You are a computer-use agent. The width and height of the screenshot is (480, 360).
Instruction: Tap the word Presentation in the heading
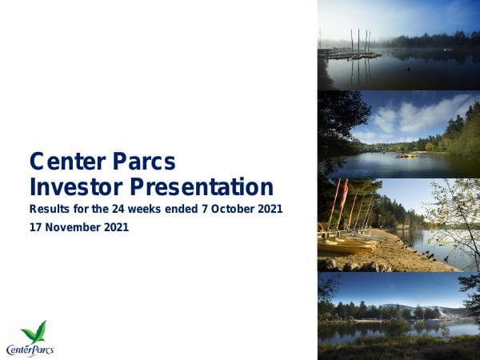pos(203,188)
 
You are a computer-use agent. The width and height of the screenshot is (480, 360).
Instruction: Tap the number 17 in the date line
pos(36,227)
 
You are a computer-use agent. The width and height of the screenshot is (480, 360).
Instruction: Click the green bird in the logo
pos(34,331)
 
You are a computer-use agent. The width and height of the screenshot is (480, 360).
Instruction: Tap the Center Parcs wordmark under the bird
pos(30,349)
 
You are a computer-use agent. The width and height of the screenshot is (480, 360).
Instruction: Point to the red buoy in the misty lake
pos(409,70)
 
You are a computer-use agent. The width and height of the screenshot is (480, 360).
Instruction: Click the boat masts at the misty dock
pos(359,42)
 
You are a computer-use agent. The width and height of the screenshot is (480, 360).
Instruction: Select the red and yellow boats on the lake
pos(406,155)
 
